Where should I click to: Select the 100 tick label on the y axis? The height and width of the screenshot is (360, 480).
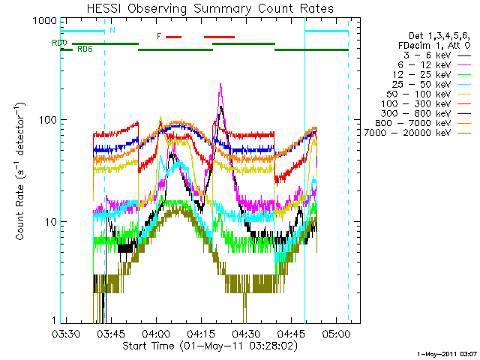pos(46,120)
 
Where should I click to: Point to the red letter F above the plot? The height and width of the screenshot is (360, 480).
pos(159,36)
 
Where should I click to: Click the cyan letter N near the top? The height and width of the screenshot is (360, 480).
pos(112,31)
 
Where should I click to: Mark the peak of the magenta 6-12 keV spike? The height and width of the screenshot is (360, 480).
pos(220,84)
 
